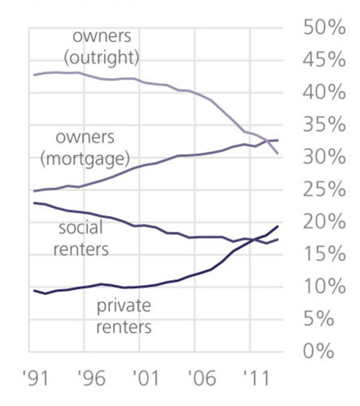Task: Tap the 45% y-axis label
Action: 325,60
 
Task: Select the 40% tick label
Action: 325,93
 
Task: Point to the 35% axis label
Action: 325,125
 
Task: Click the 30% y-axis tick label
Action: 325,158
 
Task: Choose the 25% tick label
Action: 325,190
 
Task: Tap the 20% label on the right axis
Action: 325,222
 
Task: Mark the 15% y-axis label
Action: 325,255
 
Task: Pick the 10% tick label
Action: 325,287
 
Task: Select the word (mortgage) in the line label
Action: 84,159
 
